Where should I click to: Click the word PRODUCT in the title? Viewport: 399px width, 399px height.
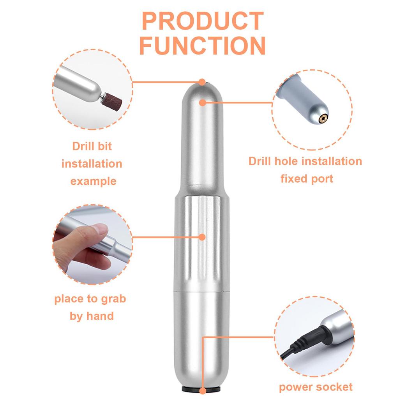click(202, 21)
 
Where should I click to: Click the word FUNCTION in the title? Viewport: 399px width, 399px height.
click(202, 46)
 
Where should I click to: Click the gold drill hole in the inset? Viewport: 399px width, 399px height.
click(323, 116)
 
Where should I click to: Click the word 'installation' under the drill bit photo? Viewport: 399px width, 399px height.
click(92, 164)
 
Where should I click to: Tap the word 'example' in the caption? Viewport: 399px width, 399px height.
click(93, 181)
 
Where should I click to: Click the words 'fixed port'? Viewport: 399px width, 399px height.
click(307, 179)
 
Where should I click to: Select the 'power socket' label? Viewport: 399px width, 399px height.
click(316, 387)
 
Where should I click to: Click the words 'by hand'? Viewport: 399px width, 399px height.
click(92, 316)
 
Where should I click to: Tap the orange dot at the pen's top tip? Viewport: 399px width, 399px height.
click(202, 82)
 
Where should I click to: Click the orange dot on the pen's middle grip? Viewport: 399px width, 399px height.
click(202, 237)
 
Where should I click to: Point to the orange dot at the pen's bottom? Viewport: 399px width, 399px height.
click(203, 391)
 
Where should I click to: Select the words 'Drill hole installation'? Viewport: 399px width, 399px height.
click(305, 161)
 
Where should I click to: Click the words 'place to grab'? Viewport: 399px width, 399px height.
click(90, 299)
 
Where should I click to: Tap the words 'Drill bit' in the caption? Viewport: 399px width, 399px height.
click(92, 147)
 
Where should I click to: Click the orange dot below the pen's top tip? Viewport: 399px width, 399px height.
click(202, 102)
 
